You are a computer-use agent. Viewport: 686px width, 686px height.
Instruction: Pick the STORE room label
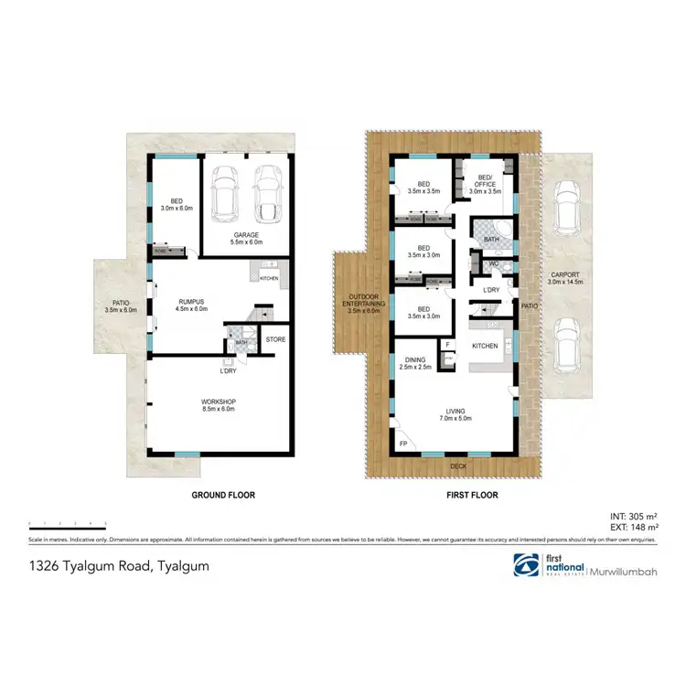pos(275,339)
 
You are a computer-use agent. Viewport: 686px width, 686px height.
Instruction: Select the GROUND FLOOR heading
pos(222,495)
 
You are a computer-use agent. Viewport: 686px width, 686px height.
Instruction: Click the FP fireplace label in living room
pos(402,444)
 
